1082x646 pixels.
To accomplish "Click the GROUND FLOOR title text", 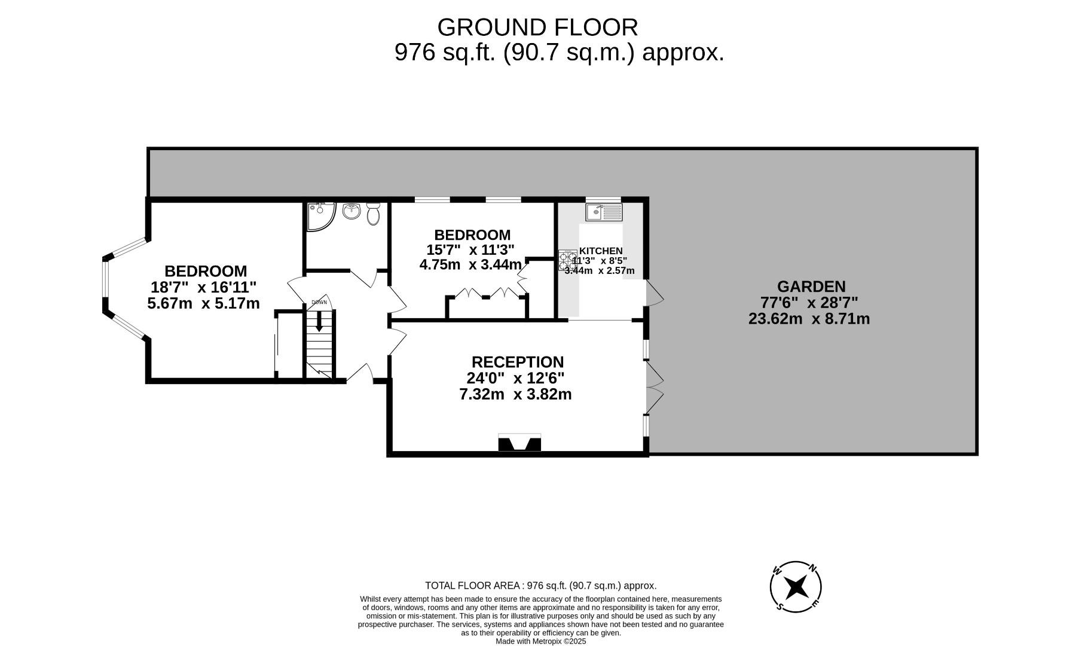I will [x=537, y=28].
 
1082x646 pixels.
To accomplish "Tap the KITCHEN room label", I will [x=601, y=251].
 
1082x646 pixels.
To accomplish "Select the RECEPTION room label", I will [x=517, y=362].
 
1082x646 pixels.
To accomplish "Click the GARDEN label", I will [x=811, y=287].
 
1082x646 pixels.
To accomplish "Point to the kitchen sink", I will [x=604, y=212].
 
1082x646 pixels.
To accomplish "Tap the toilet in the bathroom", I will [x=374, y=214].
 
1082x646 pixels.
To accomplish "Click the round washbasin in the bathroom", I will [x=352, y=211].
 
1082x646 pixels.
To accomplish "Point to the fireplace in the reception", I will [x=519, y=443].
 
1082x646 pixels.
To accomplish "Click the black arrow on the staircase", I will [x=319, y=321].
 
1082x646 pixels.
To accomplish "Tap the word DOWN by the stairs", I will [x=319, y=302].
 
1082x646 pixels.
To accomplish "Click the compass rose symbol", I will [x=796, y=587].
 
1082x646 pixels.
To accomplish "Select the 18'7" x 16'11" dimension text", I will [x=203, y=287].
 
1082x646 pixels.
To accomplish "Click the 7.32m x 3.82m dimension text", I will [x=515, y=394].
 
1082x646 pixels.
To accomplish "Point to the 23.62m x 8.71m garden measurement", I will [x=809, y=319].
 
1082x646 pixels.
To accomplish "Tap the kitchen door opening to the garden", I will [x=654, y=293].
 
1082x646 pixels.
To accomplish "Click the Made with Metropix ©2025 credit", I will [x=540, y=641].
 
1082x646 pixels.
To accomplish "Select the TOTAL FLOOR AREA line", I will [x=540, y=586].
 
